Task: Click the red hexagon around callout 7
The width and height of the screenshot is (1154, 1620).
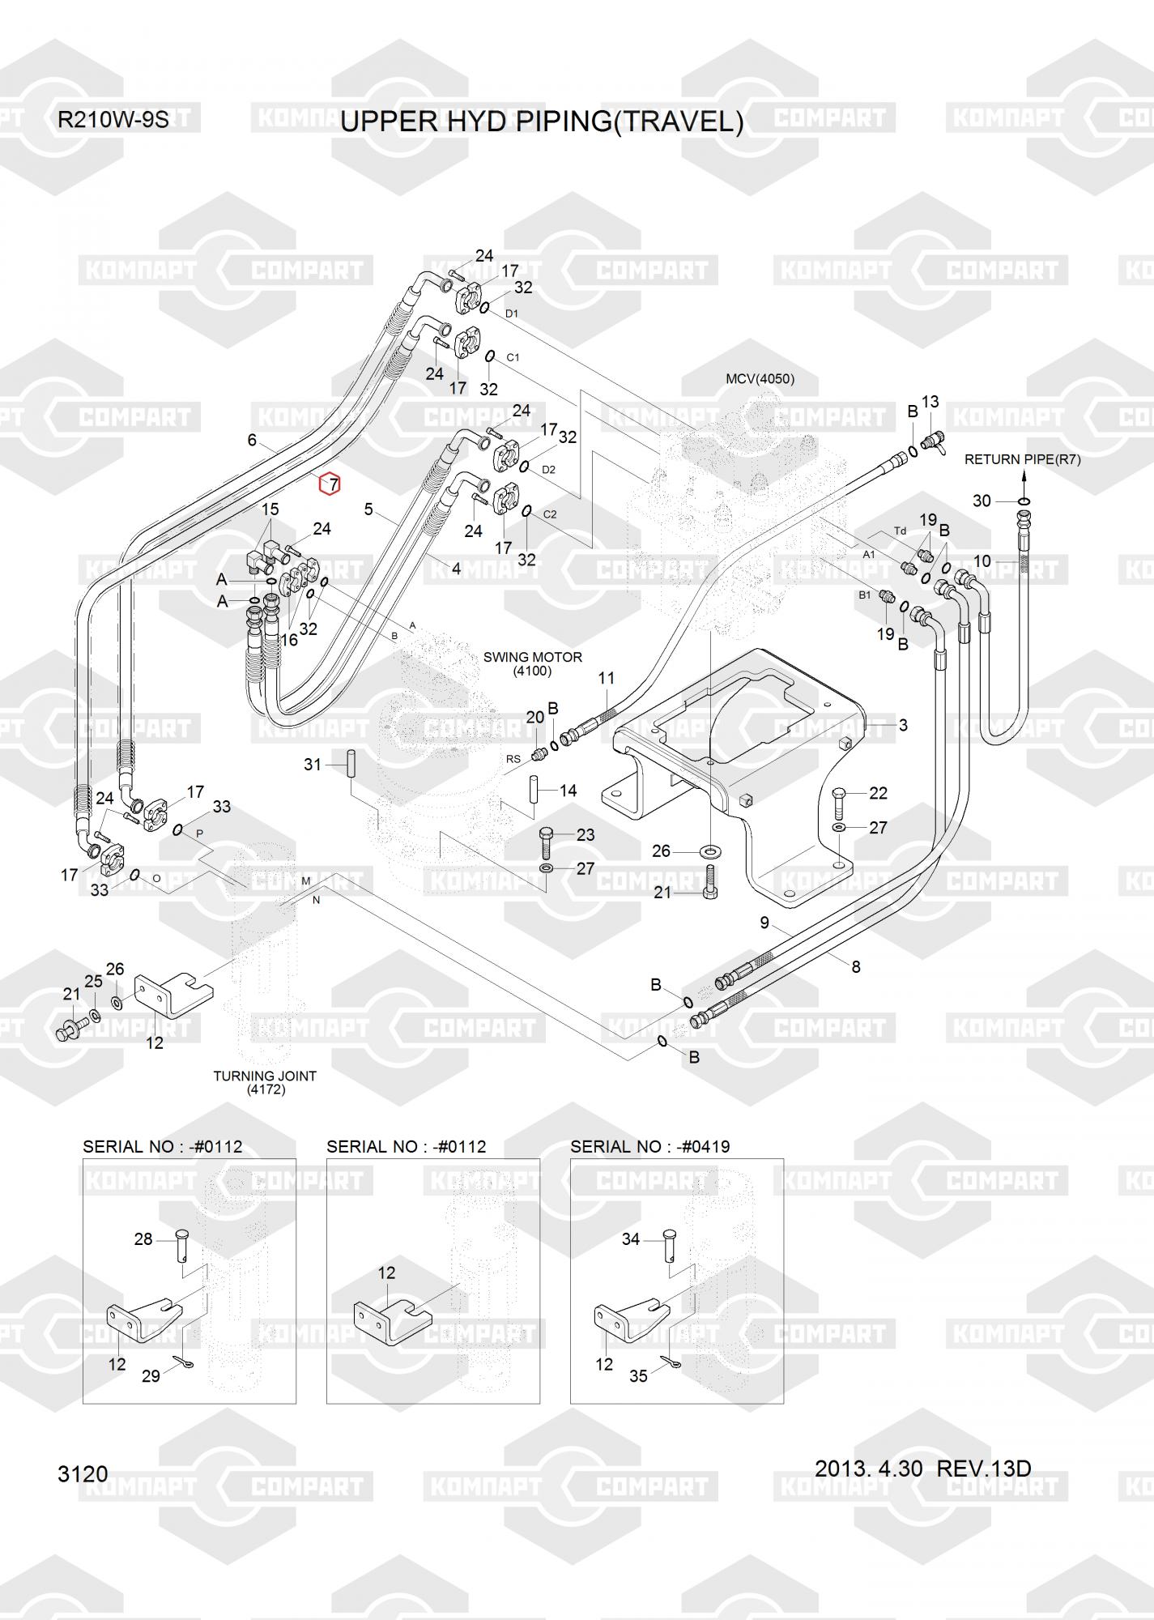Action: point(330,484)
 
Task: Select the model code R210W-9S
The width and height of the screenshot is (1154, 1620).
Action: point(113,120)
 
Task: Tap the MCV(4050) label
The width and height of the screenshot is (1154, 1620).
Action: point(760,379)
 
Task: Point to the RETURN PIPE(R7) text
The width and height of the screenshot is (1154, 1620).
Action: point(1022,459)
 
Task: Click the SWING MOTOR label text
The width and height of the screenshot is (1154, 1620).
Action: point(533,657)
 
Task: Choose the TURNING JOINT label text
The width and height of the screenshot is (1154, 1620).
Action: point(265,1076)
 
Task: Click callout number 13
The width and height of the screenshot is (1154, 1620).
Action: point(930,402)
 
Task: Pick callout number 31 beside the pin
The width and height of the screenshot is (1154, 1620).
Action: point(313,765)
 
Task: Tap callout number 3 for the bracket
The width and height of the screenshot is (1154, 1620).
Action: point(903,726)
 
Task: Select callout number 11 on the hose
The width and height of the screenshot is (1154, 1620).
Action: point(607,679)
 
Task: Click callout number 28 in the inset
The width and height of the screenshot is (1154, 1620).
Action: point(143,1239)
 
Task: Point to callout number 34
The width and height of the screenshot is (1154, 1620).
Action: point(631,1239)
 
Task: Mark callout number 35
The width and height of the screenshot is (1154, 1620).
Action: point(639,1376)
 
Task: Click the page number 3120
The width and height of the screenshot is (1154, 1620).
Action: point(83,1473)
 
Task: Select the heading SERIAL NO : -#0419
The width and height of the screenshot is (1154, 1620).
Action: point(650,1147)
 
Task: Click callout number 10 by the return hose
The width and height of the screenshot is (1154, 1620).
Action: point(982,561)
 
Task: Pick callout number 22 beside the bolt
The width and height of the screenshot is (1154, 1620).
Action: point(879,793)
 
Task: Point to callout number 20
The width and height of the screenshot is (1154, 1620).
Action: point(535,718)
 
